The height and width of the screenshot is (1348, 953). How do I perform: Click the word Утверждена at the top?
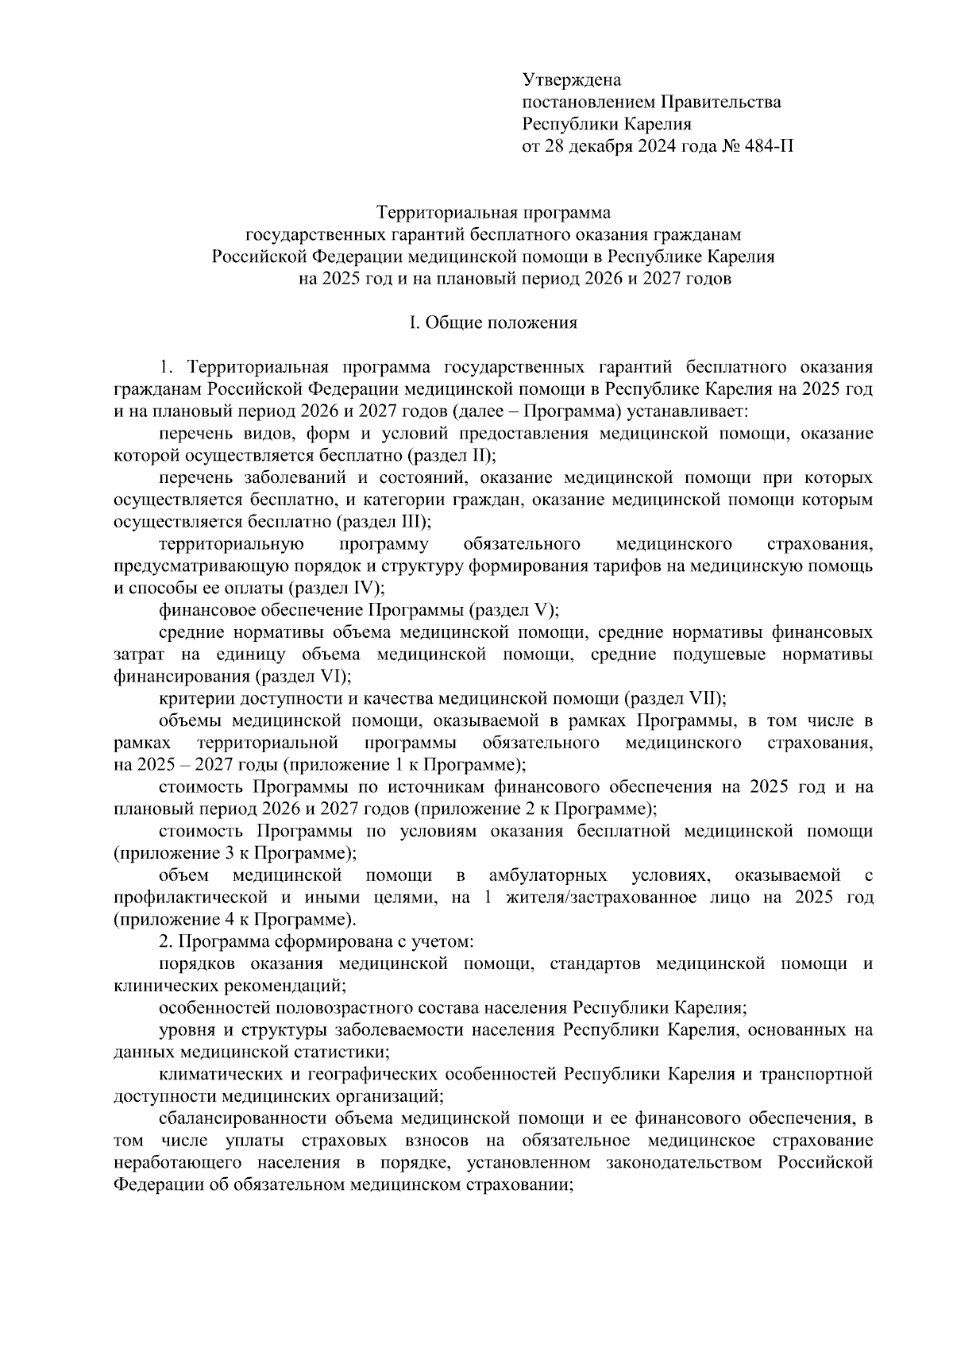pos(571,80)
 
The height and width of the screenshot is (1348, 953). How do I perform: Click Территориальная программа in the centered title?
pos(492,213)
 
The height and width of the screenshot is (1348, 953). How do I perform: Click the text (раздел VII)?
pos(675,699)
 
